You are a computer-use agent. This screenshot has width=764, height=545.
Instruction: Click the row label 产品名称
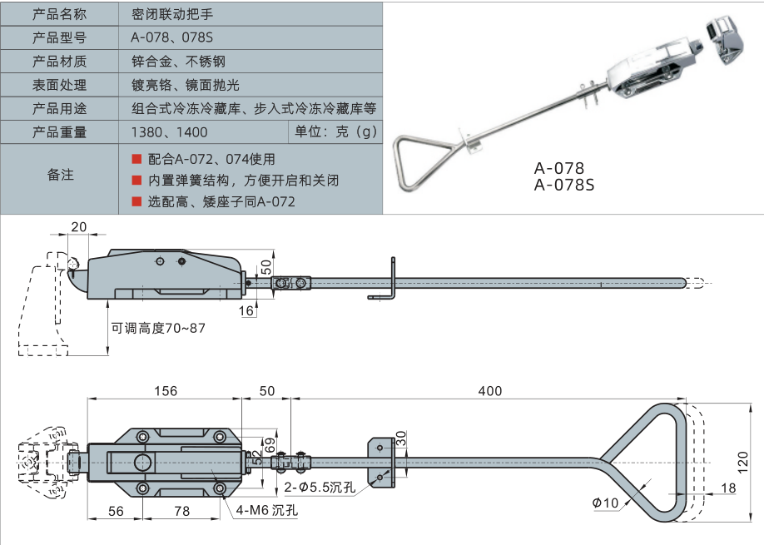tap(58, 14)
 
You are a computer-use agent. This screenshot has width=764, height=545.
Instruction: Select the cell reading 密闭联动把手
tap(172, 14)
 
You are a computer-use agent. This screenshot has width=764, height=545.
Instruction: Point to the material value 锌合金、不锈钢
tap(178, 62)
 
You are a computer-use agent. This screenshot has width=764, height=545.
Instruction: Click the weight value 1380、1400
tap(170, 132)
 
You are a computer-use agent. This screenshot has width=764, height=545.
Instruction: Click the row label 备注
tap(60, 176)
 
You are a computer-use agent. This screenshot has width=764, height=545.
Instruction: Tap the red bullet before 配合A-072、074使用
tap(136, 158)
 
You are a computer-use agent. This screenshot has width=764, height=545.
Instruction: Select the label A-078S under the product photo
tap(564, 186)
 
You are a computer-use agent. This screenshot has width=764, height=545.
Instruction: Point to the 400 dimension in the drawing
tap(489, 390)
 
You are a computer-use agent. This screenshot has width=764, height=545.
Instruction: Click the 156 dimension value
tap(166, 390)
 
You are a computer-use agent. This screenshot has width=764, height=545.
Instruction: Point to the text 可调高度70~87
tap(158, 328)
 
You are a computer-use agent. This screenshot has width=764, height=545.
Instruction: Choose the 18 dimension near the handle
tap(728, 488)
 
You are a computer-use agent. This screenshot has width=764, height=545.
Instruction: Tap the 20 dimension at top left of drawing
tap(79, 228)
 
